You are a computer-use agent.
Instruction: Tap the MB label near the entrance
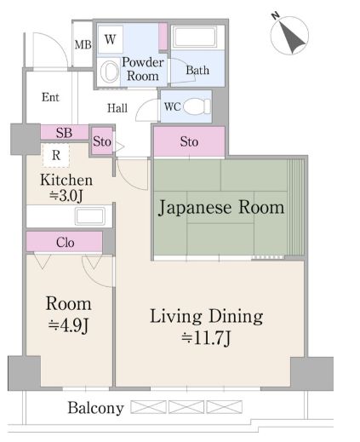83,45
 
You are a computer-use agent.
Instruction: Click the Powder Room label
142,69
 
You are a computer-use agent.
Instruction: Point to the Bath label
197,70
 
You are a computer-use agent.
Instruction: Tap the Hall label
117,108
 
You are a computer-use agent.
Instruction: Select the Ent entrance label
51,97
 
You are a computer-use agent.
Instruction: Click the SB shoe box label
63,133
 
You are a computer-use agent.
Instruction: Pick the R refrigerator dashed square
55,155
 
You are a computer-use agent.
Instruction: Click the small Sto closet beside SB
102,141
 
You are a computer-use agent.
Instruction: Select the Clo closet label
65,243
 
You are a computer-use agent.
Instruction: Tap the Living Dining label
207,318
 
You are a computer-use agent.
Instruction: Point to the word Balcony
95,408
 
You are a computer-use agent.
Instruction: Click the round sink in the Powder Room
111,72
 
